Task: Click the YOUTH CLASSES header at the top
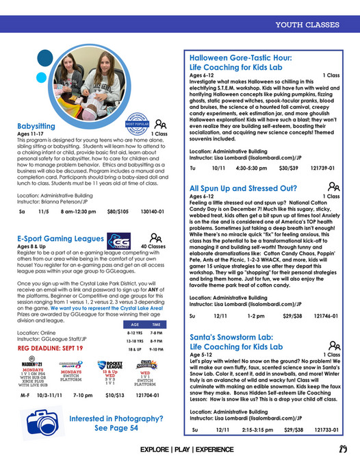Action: coord(307,26)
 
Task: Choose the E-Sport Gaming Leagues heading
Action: coord(60,239)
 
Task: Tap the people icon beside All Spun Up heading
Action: coord(333,186)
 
